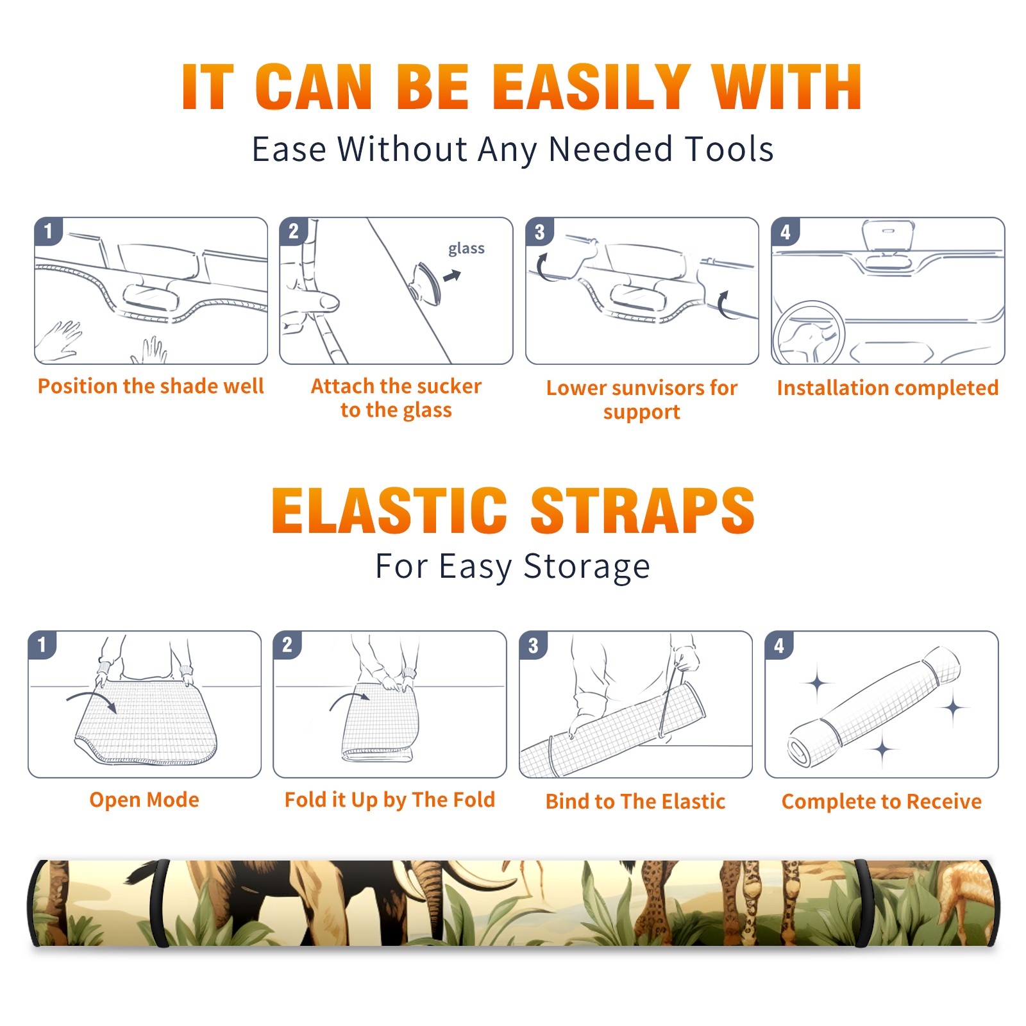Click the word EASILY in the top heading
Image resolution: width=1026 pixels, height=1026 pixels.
[591, 87]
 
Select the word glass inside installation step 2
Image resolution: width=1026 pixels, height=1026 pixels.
[466, 248]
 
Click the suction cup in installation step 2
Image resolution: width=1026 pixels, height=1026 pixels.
[425, 283]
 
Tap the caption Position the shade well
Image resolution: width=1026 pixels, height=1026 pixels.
[151, 386]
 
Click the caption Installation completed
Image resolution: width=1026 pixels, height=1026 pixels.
[887, 388]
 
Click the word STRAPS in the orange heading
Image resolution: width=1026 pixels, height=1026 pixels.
[643, 510]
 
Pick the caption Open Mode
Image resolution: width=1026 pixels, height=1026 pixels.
[144, 800]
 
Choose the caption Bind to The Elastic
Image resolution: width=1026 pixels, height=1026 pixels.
[635, 802]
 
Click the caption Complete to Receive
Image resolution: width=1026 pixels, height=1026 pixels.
[882, 802]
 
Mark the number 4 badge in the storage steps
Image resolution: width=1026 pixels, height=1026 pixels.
[779, 645]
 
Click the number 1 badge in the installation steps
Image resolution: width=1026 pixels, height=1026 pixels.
[49, 231]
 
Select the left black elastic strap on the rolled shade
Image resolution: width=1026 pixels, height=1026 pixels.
[159, 903]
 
